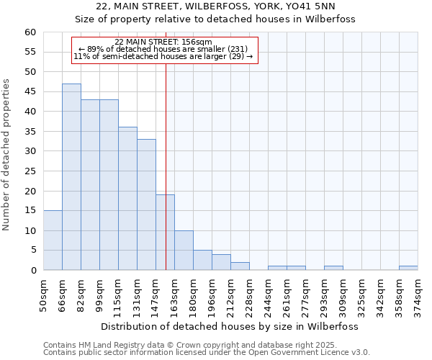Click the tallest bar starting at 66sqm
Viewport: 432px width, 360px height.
(x=71, y=177)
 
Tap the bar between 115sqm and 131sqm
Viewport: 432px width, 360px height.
(x=127, y=199)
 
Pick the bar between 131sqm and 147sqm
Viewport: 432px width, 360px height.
(x=146, y=204)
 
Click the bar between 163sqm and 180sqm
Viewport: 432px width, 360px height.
(x=184, y=251)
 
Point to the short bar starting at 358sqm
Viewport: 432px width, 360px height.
(x=408, y=268)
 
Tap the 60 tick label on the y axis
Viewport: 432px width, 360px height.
(x=30, y=32)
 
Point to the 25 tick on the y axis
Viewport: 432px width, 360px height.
(x=30, y=171)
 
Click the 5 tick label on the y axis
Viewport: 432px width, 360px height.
(x=32, y=251)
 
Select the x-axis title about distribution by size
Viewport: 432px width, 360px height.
(x=230, y=326)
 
